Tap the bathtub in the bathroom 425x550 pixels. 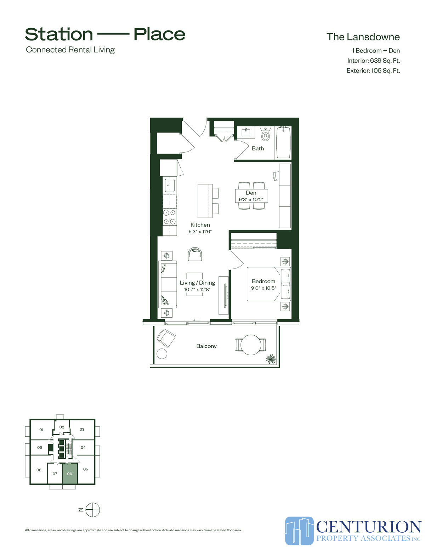tap(283, 142)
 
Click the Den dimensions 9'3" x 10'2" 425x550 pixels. tap(251, 200)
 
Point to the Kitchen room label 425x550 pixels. tap(200, 225)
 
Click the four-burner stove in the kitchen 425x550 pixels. tap(169, 217)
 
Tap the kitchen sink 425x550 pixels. tap(170, 185)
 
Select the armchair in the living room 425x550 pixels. tap(195, 254)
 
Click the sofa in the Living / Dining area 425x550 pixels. tap(168, 284)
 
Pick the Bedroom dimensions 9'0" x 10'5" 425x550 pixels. tap(263, 288)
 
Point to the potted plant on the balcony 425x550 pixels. tap(271, 359)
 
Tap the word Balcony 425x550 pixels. tap(206, 346)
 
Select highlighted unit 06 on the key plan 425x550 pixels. tap(70, 474)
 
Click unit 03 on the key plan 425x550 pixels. tap(82, 429)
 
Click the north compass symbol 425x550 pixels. tap(93, 510)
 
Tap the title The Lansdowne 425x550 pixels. tap(363, 37)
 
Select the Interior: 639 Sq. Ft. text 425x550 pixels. tap(373, 61)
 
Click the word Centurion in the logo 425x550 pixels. tap(368, 527)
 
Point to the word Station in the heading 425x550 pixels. tap(59, 34)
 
